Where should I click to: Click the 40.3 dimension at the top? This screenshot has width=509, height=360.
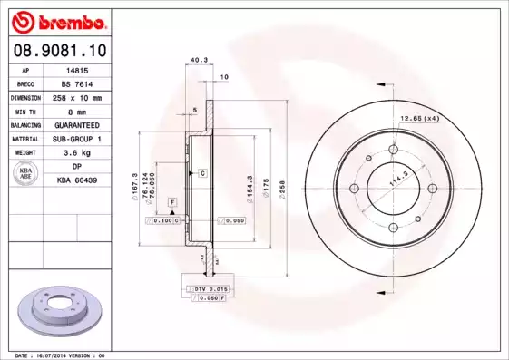(x=195, y=62)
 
